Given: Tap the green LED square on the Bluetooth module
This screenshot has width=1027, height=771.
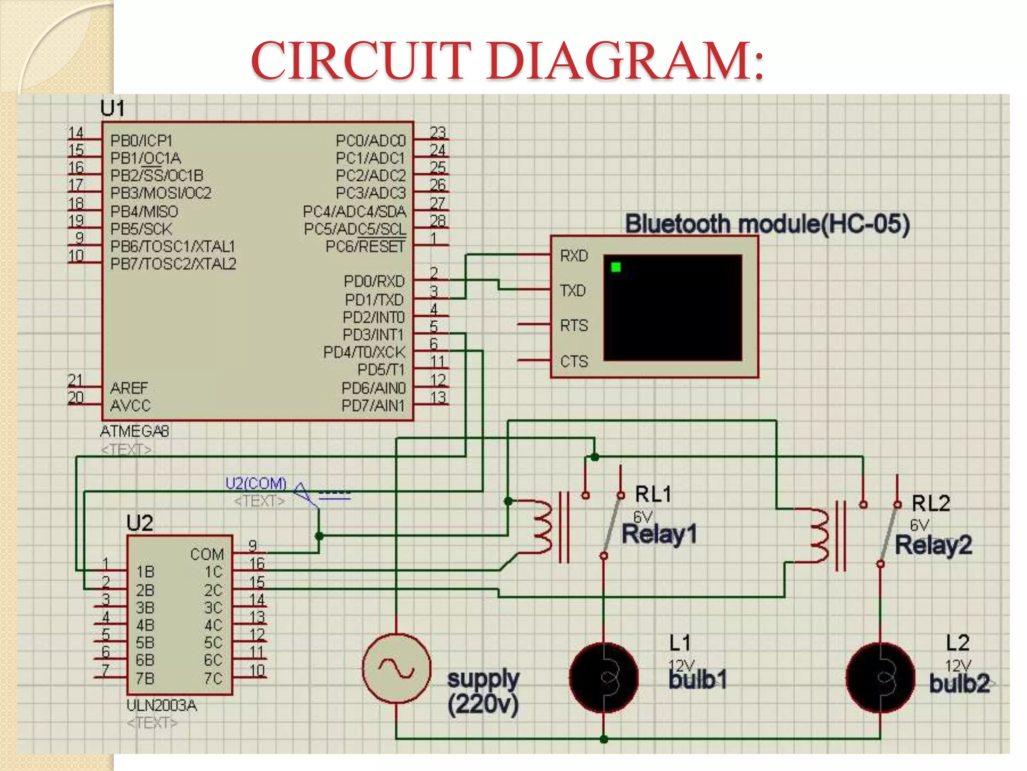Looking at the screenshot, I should tap(616, 267).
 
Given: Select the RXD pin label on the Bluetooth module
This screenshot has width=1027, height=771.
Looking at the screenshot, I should tap(574, 256).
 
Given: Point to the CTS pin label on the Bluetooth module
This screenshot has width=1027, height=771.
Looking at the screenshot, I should tap(574, 361).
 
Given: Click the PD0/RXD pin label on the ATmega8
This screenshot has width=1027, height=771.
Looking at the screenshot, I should tap(374, 281).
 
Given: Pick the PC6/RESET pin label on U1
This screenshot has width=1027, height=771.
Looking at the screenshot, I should tap(365, 246).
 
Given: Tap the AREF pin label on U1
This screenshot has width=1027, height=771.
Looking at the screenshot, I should tap(129, 388).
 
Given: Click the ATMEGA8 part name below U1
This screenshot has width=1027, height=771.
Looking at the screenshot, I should tap(134, 431).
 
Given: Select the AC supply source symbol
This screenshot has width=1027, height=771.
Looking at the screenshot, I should tap(396, 669).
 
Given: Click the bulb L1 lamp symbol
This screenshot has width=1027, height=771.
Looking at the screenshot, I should tap(604, 677).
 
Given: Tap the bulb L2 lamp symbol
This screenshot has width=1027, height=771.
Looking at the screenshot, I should tap(880, 677).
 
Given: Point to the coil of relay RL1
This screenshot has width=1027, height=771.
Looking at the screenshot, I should tap(542, 526).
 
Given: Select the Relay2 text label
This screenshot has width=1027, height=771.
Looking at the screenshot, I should tap(933, 545).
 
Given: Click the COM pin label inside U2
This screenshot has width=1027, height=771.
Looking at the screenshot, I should tap(207, 554).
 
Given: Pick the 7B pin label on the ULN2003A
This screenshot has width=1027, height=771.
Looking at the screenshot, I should tap(145, 679).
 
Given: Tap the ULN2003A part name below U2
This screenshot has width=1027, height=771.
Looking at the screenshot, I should tap(161, 705).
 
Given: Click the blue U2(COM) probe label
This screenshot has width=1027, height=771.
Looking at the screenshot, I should tap(256, 483).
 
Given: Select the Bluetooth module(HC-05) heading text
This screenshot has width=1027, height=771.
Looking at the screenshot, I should tap(767, 223).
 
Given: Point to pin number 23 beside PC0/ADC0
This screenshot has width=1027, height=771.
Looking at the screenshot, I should tap(438, 132).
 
